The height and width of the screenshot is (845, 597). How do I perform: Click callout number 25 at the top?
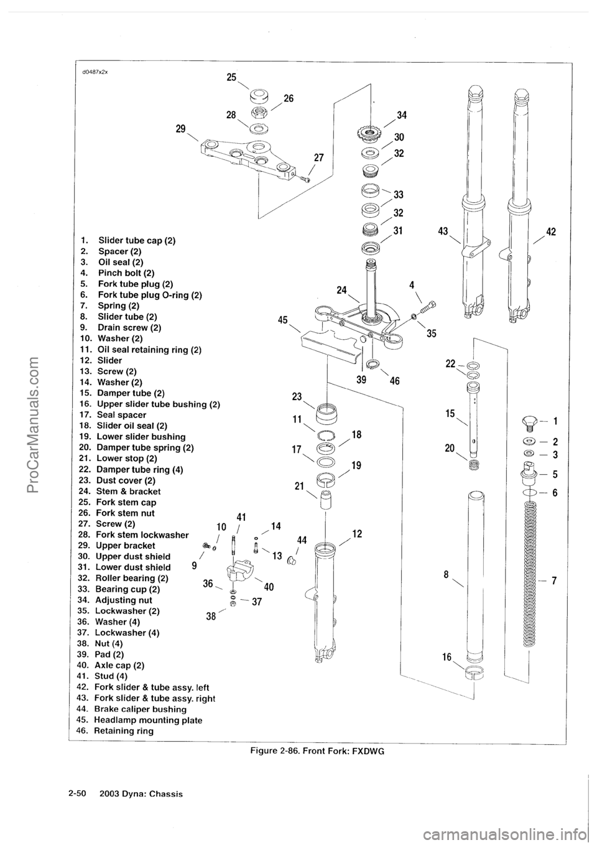click(231, 77)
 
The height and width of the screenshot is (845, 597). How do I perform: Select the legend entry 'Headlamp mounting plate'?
click(149, 720)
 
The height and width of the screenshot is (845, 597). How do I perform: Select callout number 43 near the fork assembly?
click(443, 231)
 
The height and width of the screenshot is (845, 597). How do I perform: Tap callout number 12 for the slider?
click(357, 533)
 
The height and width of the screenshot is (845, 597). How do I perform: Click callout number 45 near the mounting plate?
click(283, 320)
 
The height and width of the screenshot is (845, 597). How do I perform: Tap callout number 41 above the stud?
click(242, 515)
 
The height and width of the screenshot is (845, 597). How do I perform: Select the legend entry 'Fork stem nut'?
click(124, 513)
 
